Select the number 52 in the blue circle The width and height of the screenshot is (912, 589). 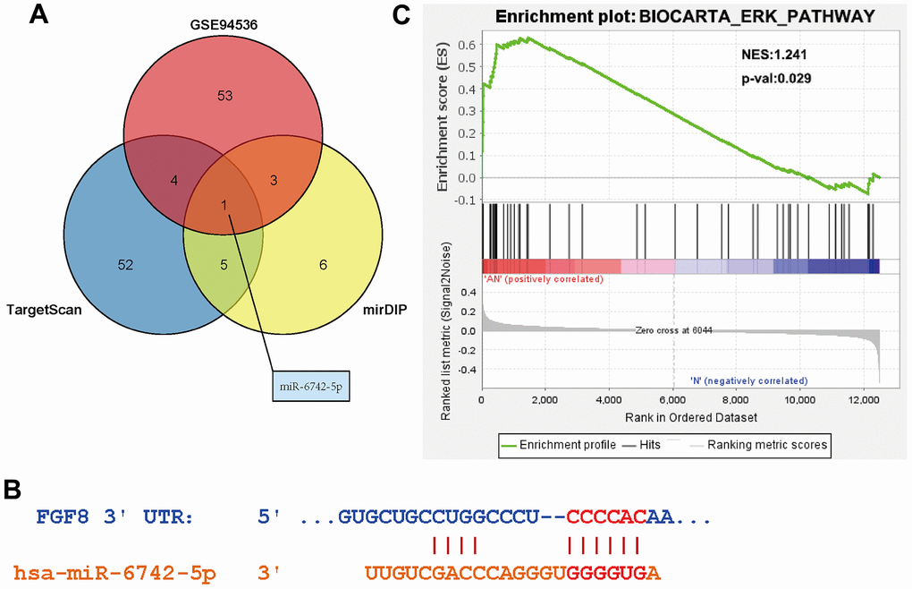(126, 264)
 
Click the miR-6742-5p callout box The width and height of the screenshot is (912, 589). (309, 389)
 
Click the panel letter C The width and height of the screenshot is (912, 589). (402, 15)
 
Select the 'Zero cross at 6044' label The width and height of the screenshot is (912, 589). (672, 329)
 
